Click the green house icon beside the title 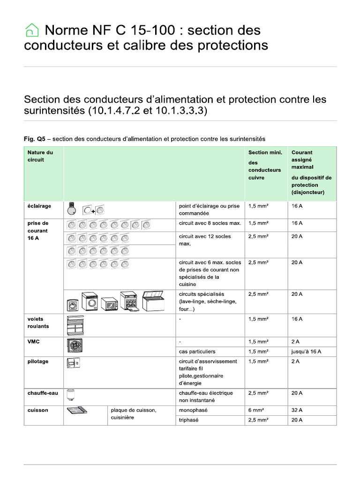click(31, 30)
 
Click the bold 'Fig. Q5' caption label click(35, 139)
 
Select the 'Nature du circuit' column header click(40, 156)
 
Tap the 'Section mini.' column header click(265, 152)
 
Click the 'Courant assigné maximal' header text click(302, 159)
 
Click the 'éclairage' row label click(39, 206)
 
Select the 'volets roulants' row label click(38, 322)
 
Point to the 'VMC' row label click(34, 342)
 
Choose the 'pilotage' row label click(38, 361)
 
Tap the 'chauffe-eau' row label click(43, 393)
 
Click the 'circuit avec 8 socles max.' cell click(210, 223)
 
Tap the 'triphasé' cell click(189, 420)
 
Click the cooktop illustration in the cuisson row click(77, 411)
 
